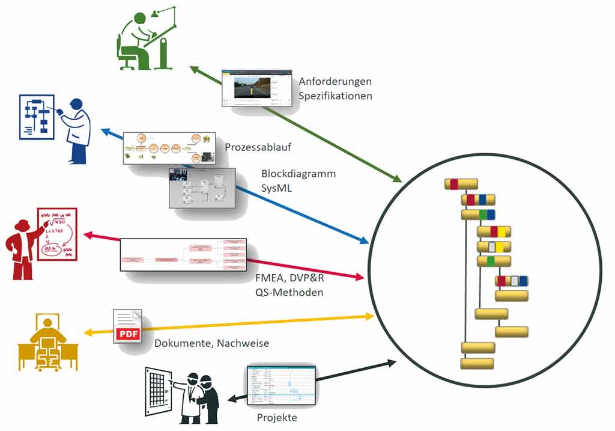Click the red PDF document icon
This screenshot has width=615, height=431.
(127, 326)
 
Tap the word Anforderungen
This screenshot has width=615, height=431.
(335, 81)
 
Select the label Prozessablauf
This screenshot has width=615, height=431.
(250, 147)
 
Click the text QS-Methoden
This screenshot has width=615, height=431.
(289, 292)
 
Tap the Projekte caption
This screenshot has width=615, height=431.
(277, 418)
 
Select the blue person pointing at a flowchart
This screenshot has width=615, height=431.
(76, 127)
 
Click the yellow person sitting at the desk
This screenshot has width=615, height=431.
(47, 343)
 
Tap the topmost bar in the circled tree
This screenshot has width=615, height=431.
(461, 184)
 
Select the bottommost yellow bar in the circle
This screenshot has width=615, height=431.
(477, 364)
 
